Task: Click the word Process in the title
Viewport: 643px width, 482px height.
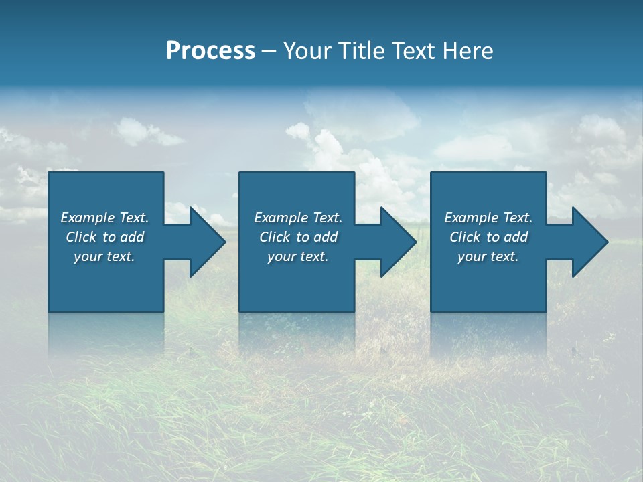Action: click(210, 51)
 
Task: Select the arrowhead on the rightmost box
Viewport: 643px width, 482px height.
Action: click(589, 242)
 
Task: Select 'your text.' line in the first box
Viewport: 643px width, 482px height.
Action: click(104, 256)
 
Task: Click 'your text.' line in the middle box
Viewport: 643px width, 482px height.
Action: click(298, 256)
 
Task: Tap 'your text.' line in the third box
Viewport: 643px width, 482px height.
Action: click(488, 256)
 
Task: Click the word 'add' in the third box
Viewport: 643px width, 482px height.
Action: click(516, 237)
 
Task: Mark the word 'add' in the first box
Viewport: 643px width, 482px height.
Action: click(132, 237)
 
